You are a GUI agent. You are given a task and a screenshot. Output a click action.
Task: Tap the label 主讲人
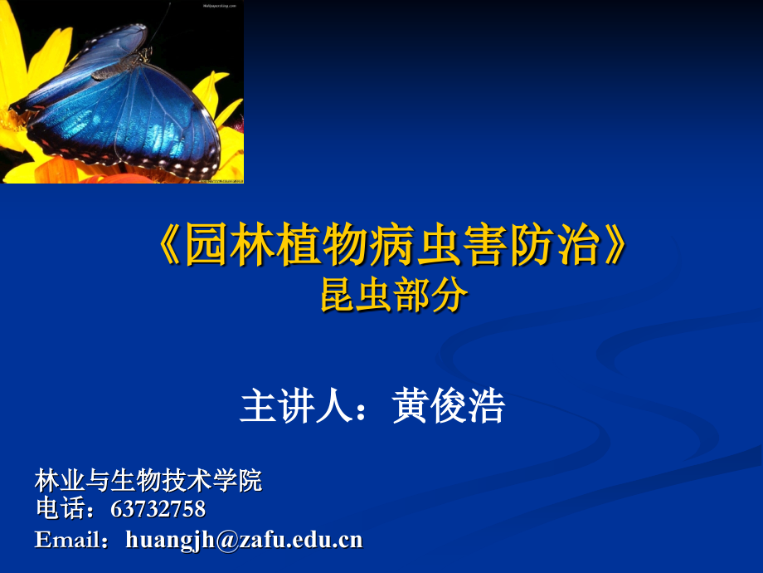pos(292,408)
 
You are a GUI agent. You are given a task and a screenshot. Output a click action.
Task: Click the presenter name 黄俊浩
pos(449,408)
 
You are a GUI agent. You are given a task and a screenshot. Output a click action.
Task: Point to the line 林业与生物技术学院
pos(148,480)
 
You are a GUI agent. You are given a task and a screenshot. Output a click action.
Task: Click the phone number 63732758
pos(158,508)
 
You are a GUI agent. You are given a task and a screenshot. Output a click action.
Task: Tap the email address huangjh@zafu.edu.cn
pos(244,540)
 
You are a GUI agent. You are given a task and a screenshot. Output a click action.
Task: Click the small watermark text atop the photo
pos(218,5)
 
